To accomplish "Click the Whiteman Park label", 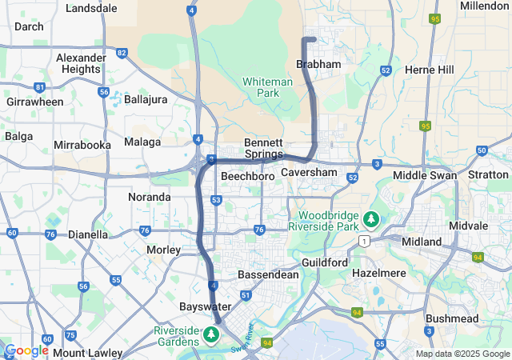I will [262, 87].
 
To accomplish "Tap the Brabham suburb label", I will [318, 64].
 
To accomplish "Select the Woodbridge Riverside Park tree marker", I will [370, 218].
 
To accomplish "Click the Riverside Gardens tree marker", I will [213, 334].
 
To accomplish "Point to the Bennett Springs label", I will [263, 148].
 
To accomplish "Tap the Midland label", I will [422, 242].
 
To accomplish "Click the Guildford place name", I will [325, 262].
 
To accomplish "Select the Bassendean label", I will [269, 274].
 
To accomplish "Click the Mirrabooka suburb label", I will [82, 145].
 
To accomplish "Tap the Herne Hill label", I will [430, 70].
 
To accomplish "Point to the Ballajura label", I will [147, 99].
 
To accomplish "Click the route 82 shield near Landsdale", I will [122, 53].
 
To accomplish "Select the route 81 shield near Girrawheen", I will [39, 87].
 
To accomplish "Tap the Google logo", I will [26, 350].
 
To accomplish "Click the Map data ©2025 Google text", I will [462, 354].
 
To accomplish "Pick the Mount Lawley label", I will [88, 353].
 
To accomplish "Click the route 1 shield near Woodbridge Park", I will [364, 240].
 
